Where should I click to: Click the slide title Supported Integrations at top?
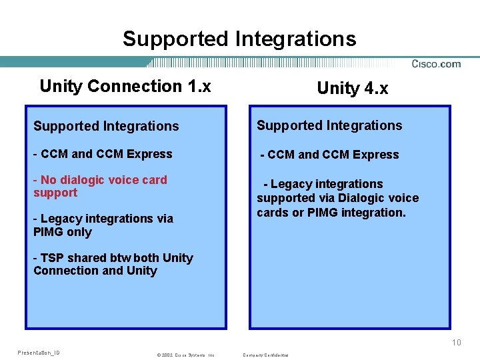[239, 39]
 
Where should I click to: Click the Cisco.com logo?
[436, 64]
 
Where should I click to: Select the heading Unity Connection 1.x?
[125, 86]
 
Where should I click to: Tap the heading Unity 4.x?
[352, 88]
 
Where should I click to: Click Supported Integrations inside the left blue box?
[106, 126]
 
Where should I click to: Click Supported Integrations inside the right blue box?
[329, 125]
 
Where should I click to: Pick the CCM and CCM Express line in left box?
[103, 154]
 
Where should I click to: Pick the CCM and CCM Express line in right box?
[329, 155]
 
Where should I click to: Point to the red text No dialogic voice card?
[103, 180]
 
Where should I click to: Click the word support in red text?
[55, 193]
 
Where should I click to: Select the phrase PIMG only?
[63, 232]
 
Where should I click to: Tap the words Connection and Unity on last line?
[95, 271]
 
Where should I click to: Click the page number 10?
[456, 343]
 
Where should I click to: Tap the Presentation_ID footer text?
[39, 353]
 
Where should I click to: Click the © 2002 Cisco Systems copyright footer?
[185, 355]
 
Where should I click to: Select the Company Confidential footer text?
[266, 355]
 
